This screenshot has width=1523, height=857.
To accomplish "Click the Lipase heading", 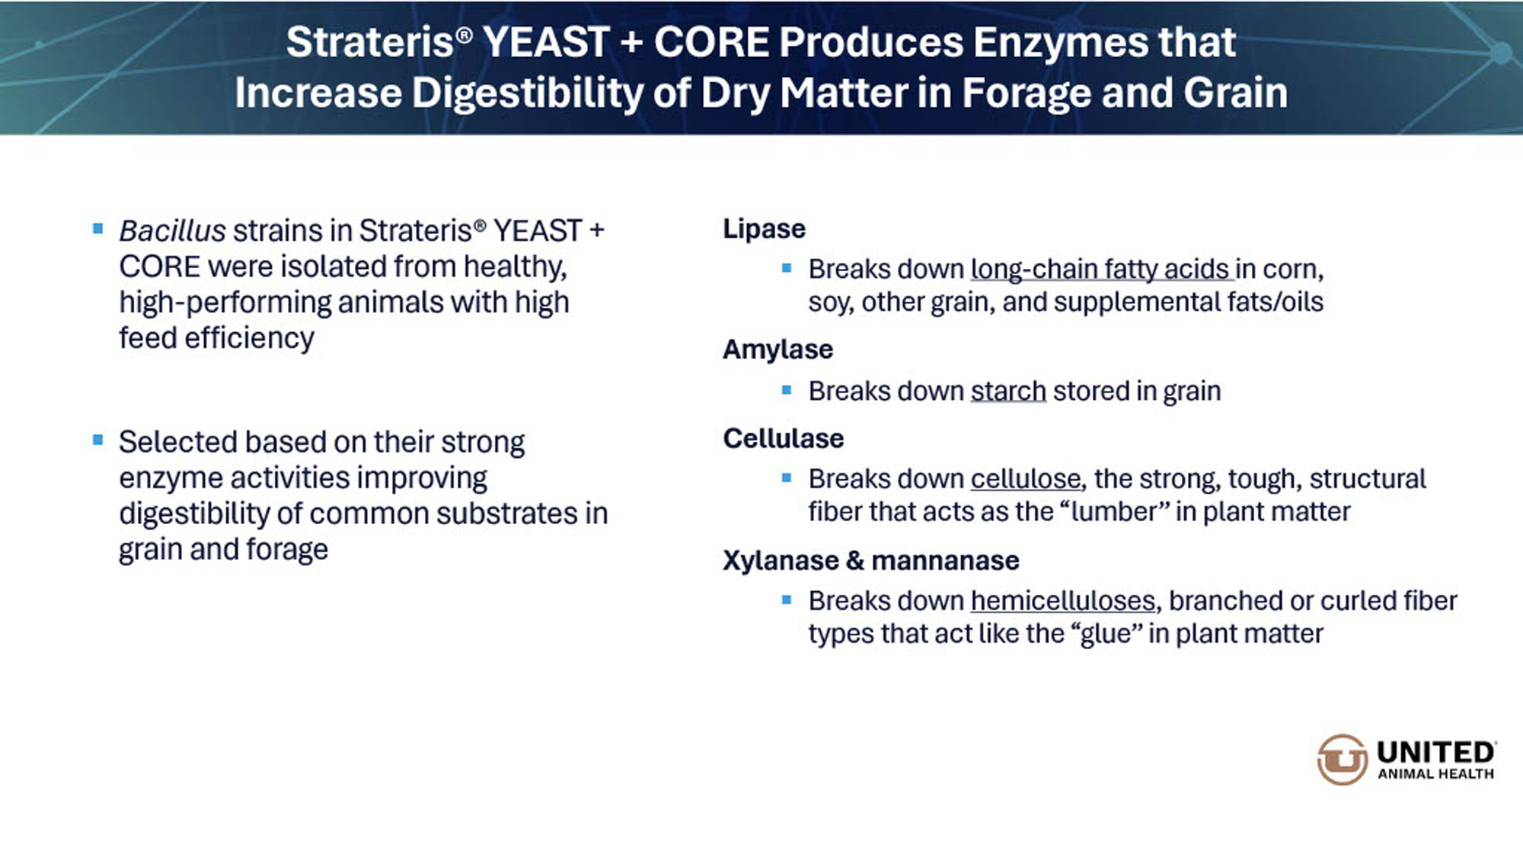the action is [x=764, y=229].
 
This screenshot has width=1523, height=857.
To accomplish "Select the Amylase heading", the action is [x=777, y=350].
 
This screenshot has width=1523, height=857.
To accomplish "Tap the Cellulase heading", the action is [x=783, y=439].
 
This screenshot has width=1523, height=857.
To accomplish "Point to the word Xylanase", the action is [x=781, y=561].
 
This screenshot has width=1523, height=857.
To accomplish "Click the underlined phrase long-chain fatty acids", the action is [x=1100, y=269].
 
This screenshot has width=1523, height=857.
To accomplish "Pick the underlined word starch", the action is [x=1008, y=391].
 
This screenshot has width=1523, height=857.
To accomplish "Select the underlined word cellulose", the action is [x=1026, y=478].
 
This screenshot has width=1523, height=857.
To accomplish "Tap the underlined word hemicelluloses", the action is [x=1063, y=600].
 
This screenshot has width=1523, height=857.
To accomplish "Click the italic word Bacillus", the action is [x=173, y=231].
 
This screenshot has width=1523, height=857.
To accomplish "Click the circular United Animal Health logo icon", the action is [x=1342, y=759].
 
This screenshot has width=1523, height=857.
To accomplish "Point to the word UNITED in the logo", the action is [x=1435, y=753].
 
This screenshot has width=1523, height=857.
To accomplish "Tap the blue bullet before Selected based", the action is [x=97, y=440].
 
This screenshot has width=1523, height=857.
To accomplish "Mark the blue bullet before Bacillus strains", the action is [x=97, y=229].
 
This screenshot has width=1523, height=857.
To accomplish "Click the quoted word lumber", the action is [x=1114, y=511].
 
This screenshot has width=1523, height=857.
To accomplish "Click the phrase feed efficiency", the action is [x=216, y=338].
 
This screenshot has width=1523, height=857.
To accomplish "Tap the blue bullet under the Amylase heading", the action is [x=787, y=390].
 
